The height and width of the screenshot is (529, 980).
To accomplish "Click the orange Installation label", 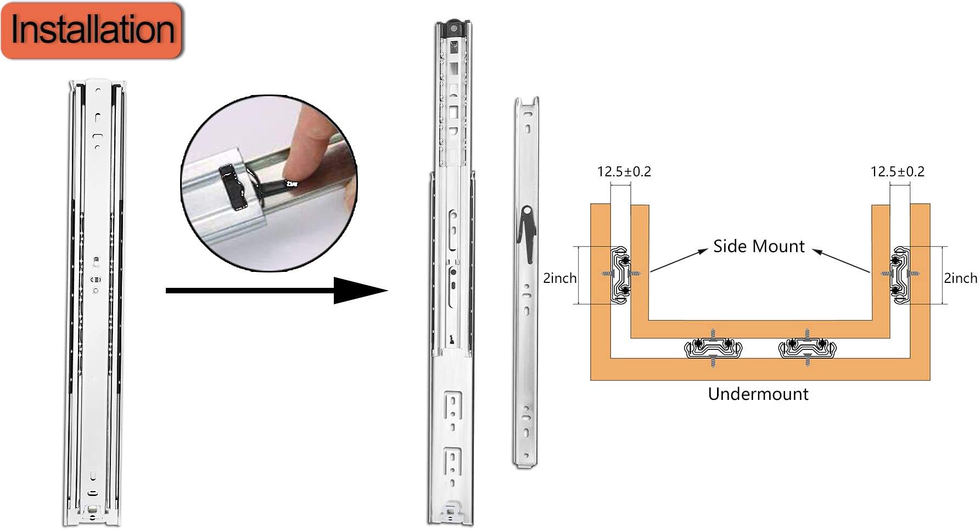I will click(x=91, y=30).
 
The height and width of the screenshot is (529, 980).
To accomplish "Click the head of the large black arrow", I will click(x=360, y=291).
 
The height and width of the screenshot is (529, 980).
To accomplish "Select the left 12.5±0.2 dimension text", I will click(x=624, y=172).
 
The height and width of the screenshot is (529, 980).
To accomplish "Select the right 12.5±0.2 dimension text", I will click(x=897, y=172).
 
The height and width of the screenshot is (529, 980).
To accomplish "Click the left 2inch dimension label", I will click(x=559, y=278).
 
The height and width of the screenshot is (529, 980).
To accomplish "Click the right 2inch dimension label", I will click(x=960, y=278).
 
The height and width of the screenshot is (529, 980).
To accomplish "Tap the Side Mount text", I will click(x=759, y=247).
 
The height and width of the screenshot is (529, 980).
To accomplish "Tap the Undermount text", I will click(x=758, y=394).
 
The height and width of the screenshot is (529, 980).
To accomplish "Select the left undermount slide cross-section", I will click(x=713, y=348).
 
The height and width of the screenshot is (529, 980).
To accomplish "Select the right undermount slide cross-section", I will click(x=807, y=348).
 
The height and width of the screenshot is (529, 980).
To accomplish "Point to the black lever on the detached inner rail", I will click(x=527, y=231).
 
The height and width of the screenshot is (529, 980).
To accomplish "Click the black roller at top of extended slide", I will click(x=453, y=27).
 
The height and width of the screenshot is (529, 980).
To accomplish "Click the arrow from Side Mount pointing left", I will click(x=679, y=260).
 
